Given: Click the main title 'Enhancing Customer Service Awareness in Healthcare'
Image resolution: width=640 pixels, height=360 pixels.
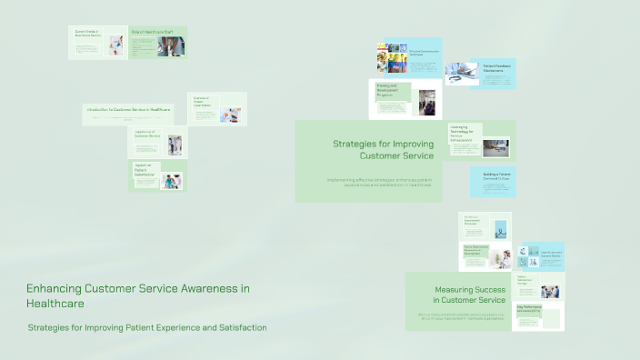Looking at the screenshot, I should click(x=137, y=295).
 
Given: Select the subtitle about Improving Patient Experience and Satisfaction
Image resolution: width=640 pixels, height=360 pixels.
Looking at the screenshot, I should click(x=147, y=327).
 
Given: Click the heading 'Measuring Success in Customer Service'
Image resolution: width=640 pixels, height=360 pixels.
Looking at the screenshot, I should click(x=469, y=295).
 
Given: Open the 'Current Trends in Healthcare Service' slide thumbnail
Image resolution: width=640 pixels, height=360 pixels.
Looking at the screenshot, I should click(x=98, y=43).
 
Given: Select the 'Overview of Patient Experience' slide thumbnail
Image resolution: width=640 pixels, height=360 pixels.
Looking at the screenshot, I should click(x=216, y=108).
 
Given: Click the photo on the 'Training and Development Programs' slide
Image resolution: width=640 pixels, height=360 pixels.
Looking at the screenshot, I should click(x=427, y=100).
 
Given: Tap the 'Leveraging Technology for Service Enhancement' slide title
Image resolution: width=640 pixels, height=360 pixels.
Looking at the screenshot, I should click(x=463, y=133).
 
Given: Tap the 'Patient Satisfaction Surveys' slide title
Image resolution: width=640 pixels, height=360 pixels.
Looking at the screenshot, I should click(x=526, y=282).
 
